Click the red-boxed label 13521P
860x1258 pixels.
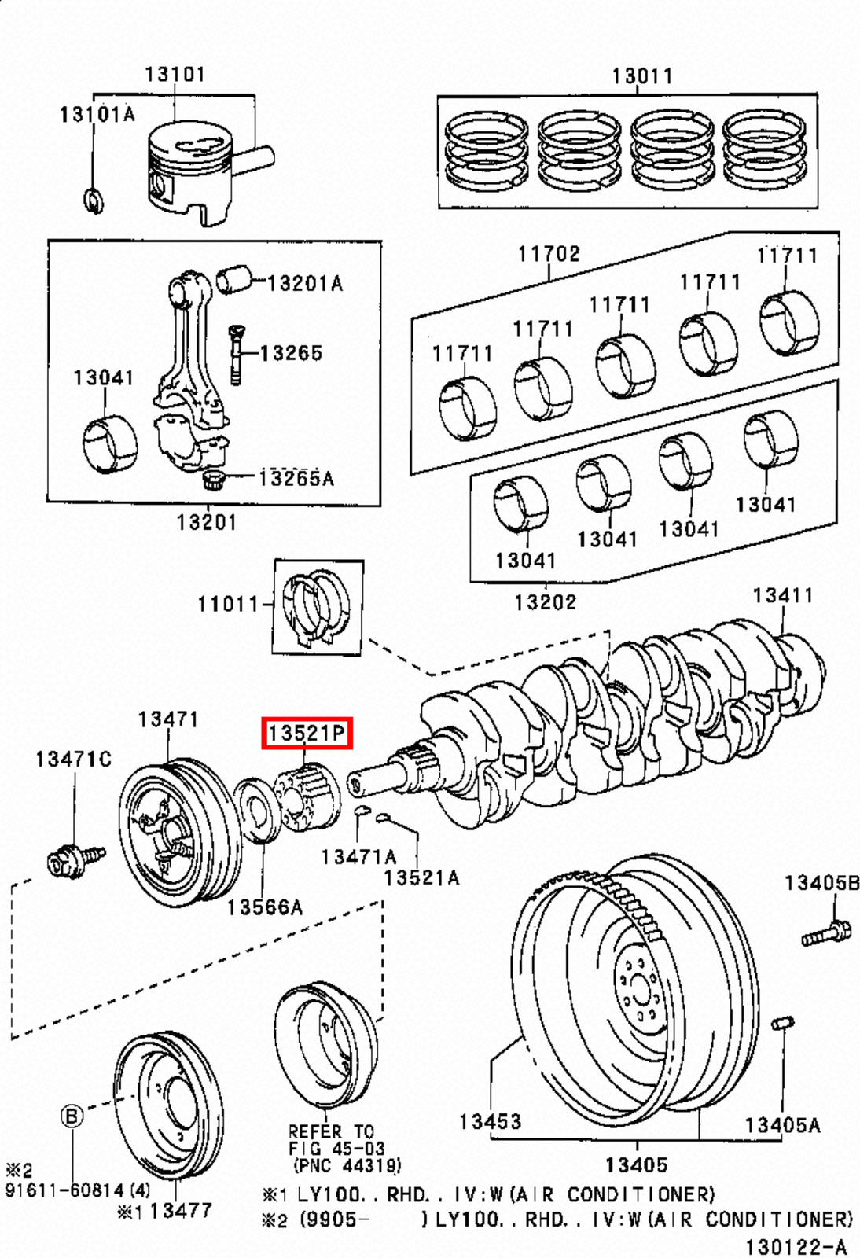307,734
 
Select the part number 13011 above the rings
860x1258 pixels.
641,76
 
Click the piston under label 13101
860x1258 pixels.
191,171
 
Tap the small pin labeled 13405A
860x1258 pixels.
783,1023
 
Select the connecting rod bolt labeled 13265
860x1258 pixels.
236,354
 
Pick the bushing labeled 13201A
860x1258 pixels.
233,279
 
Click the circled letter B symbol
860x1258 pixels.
72,1116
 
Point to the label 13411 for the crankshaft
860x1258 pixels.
781,595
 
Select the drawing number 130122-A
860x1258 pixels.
796,1247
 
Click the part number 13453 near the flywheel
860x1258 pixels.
490,1121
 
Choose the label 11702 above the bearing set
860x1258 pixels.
548,254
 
